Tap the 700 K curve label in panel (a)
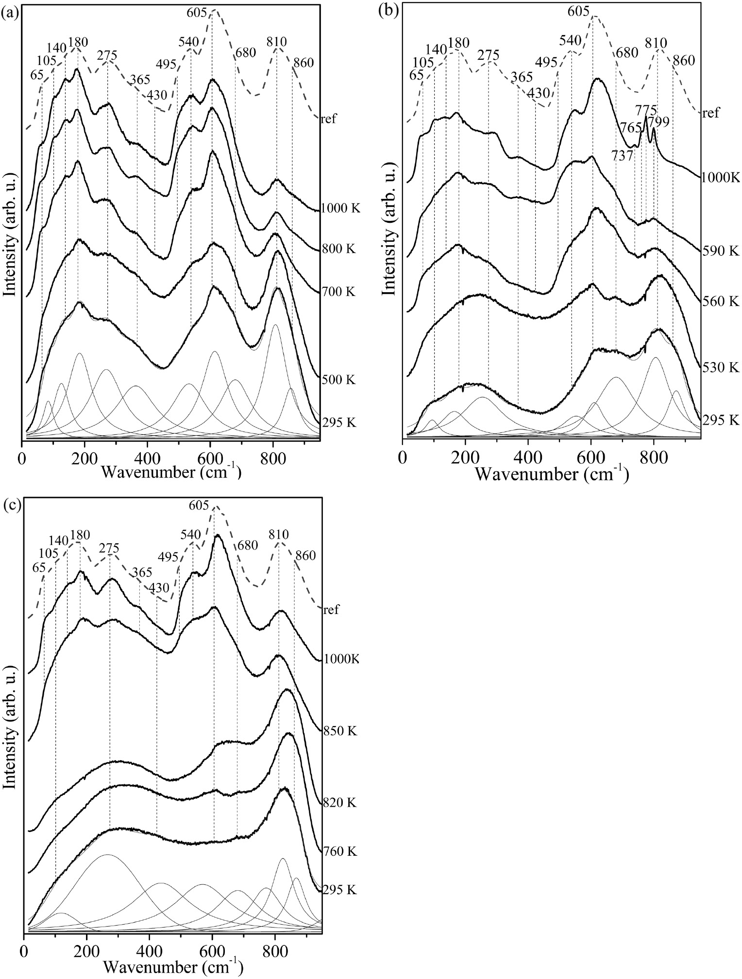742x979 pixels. click(339, 292)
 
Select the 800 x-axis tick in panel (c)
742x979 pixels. click(275, 947)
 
